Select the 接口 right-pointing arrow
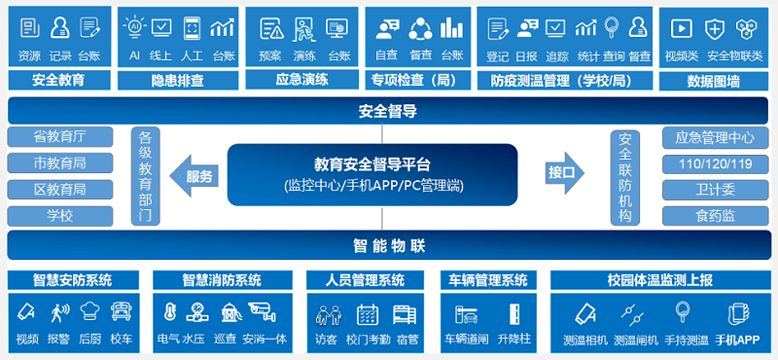click(x=566, y=174)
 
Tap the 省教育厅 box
click(x=59, y=136)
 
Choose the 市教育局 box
click(x=59, y=162)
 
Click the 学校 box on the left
click(x=59, y=215)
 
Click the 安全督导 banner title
click(x=388, y=110)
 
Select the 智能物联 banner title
click(x=388, y=245)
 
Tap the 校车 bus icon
click(x=122, y=313)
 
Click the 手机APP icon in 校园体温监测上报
click(x=736, y=314)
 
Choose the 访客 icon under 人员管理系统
click(x=327, y=313)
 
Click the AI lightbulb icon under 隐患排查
click(x=135, y=27)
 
